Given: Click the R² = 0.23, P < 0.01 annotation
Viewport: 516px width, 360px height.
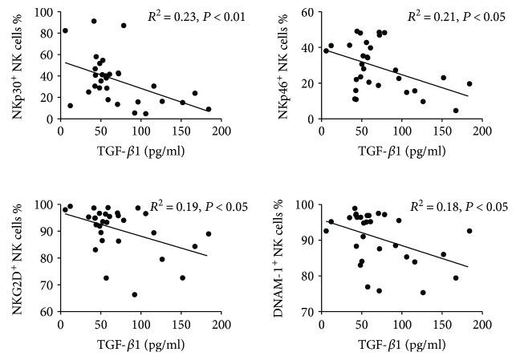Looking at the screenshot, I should tap(195, 16).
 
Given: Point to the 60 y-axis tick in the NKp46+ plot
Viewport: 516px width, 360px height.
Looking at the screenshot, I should tap(307, 14).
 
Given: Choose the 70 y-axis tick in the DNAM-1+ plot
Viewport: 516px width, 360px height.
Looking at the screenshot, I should tap(307, 311).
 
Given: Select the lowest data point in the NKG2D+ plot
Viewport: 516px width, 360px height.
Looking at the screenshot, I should tap(135, 294).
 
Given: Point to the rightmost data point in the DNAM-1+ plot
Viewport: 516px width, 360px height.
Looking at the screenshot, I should tap(469, 231).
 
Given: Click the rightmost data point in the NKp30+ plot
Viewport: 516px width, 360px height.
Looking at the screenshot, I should tap(209, 109).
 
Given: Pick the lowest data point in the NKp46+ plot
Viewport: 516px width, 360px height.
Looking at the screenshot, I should tap(456, 111).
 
